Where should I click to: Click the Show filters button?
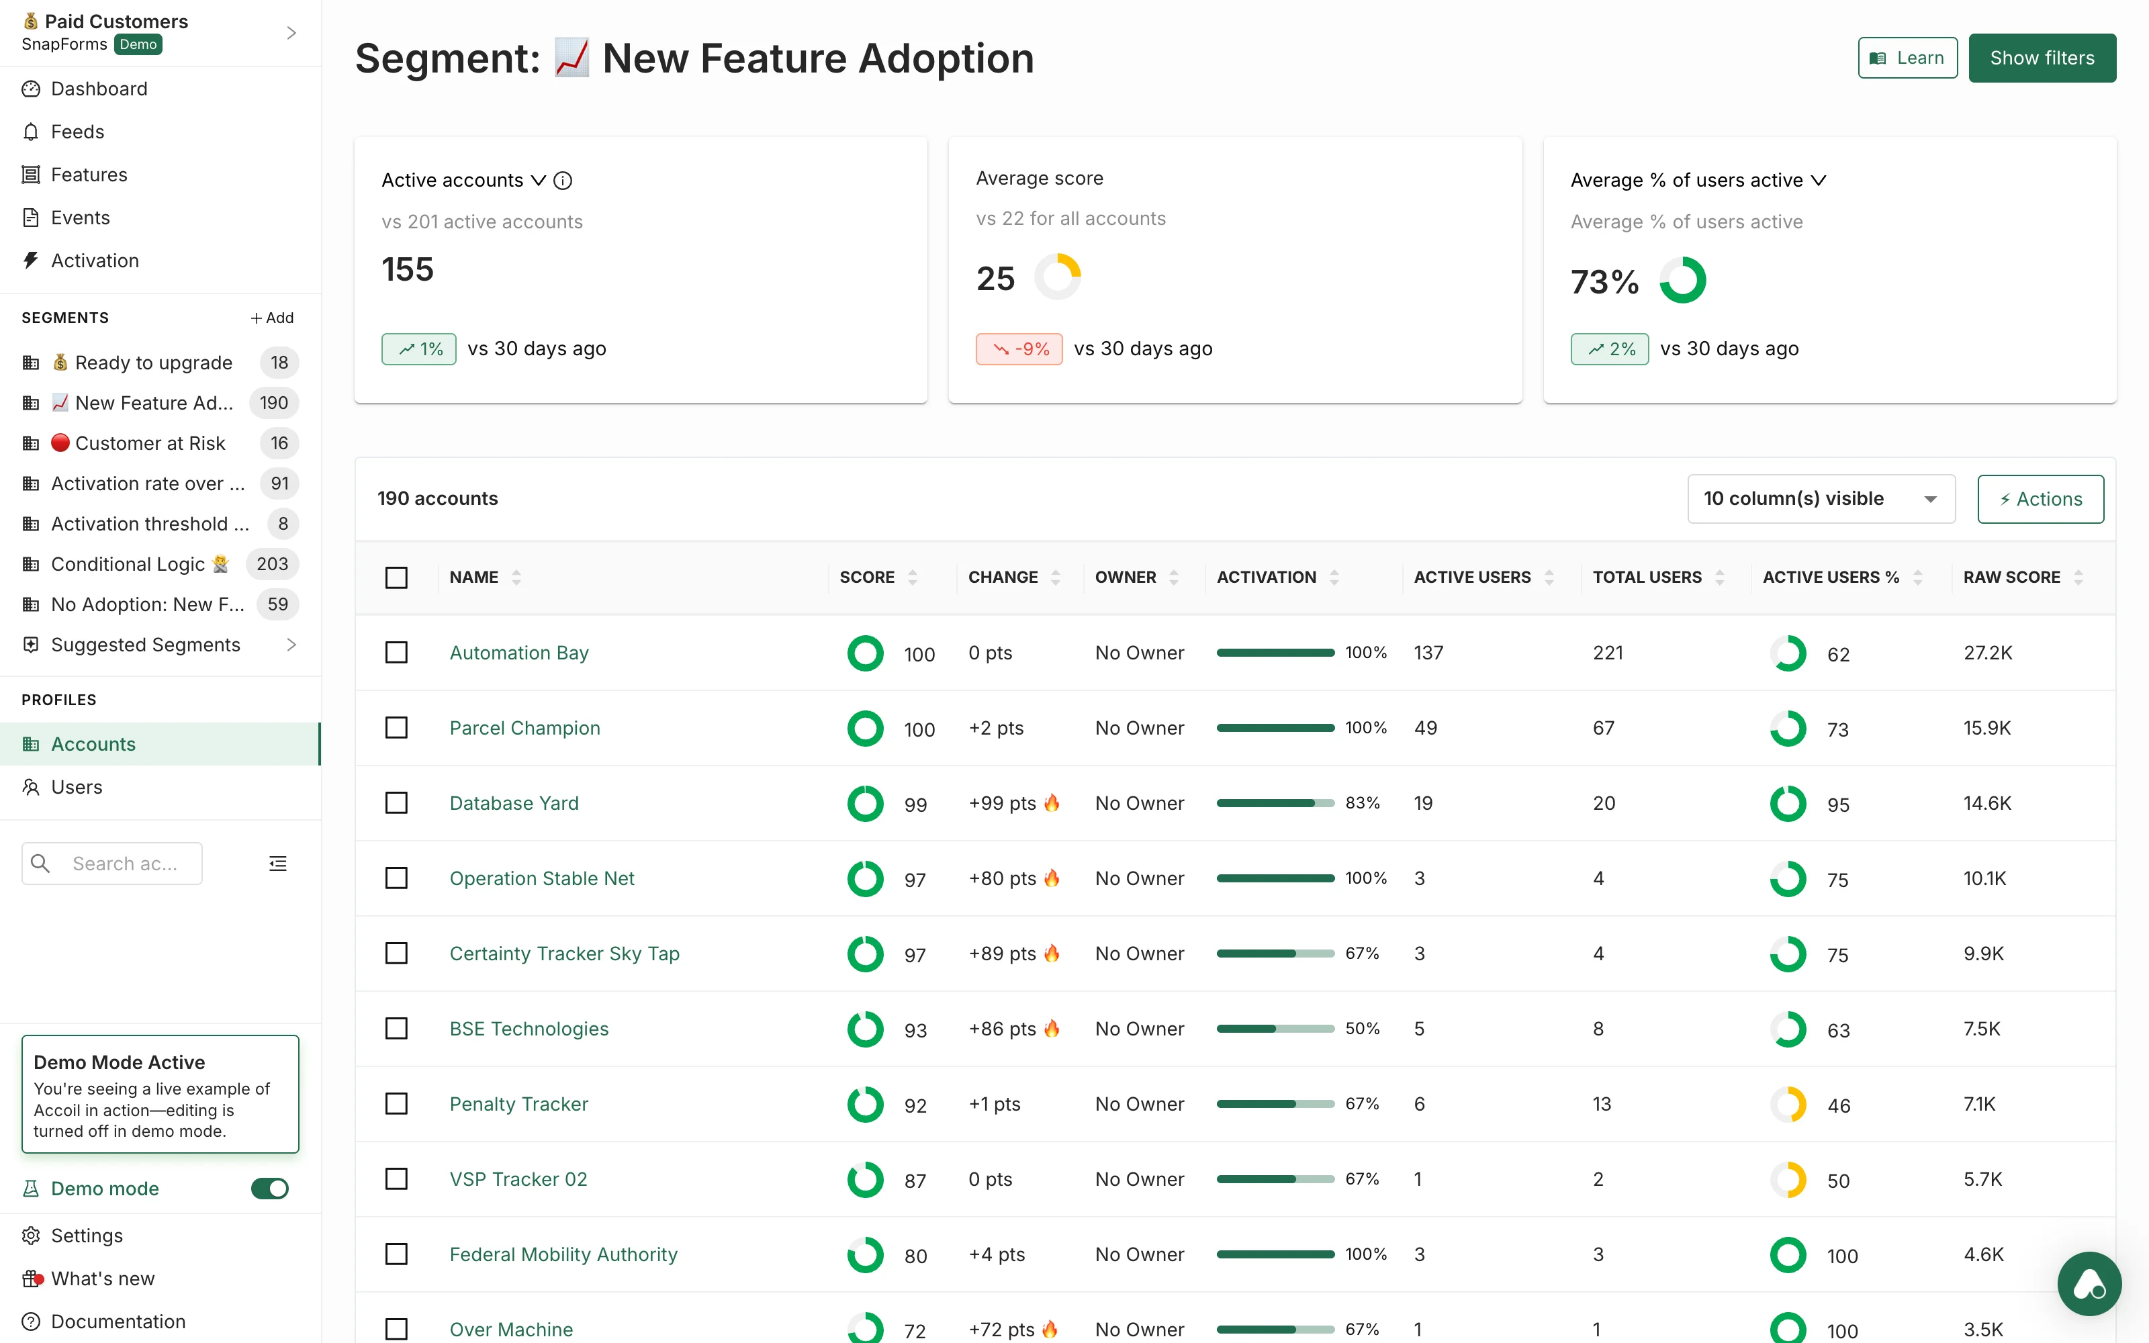(2041, 58)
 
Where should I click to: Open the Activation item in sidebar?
(95, 261)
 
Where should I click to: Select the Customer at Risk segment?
(149, 443)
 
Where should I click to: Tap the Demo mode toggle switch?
(269, 1189)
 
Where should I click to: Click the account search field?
(124, 864)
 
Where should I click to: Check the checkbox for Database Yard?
(396, 803)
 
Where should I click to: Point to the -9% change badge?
(1019, 349)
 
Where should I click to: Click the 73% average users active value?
(1604, 281)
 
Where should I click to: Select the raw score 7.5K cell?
(1981, 1029)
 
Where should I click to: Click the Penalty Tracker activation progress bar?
(1275, 1104)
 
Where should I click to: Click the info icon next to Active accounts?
(563, 181)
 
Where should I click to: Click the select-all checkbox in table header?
(396, 577)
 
